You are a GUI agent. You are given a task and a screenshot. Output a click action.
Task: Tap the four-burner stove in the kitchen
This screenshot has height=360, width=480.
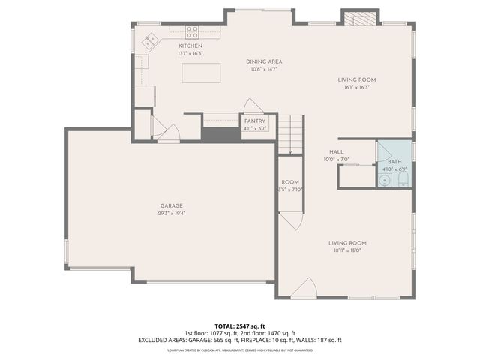(x=192, y=31)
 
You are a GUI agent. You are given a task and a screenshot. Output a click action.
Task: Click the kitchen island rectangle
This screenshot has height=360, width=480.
(x=202, y=73)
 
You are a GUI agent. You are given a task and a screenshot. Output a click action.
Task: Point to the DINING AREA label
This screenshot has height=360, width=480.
(x=264, y=61)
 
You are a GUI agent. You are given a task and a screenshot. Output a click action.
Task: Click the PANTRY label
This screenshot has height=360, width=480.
(x=254, y=121)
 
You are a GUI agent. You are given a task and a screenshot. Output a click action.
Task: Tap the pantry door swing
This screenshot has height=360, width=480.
(x=253, y=106)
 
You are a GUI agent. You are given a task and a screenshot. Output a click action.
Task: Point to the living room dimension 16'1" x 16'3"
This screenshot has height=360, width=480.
(x=356, y=87)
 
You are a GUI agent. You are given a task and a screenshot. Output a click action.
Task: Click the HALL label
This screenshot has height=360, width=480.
(x=337, y=151)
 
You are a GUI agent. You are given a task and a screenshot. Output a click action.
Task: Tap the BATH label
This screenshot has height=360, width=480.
(x=394, y=162)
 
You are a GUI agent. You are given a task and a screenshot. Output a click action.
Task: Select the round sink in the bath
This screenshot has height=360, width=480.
(x=384, y=180)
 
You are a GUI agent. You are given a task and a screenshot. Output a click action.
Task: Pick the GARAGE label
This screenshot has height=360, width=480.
(x=171, y=205)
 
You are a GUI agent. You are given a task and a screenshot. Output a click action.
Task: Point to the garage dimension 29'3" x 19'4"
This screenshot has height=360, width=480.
(x=171, y=213)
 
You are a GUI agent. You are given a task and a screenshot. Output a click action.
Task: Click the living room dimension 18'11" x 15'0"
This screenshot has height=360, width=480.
(x=346, y=250)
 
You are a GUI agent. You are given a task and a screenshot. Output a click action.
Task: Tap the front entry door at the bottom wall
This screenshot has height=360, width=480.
(x=303, y=288)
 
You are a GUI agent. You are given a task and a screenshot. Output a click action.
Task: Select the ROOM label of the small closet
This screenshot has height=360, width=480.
(x=290, y=182)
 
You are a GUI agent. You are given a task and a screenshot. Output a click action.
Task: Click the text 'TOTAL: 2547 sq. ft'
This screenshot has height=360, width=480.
(x=240, y=325)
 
